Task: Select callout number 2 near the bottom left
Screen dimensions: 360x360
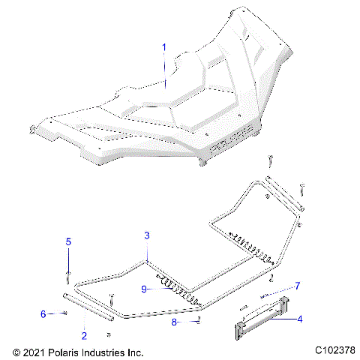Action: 83,335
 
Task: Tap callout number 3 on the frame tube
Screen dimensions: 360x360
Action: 148,235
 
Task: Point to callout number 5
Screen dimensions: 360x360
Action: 67,241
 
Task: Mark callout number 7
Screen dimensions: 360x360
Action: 297,286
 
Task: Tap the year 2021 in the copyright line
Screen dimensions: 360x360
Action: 36,352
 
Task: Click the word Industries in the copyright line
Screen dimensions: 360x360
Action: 103,352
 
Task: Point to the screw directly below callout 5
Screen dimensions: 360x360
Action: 68,275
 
